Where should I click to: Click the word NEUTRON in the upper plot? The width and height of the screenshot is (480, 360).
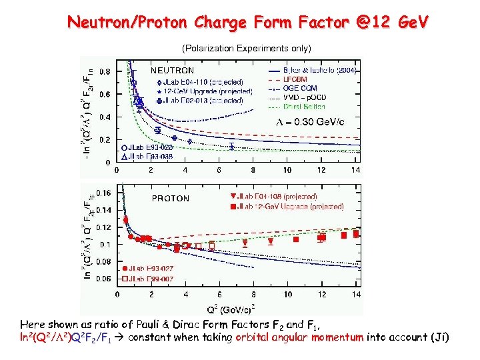click(x=172, y=70)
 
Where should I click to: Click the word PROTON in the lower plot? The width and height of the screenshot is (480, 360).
click(x=171, y=198)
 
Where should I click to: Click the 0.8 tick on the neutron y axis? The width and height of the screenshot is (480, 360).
click(x=105, y=71)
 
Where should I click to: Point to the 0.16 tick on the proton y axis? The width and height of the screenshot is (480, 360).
click(x=104, y=193)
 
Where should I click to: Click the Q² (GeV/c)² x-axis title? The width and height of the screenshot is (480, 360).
click(x=237, y=309)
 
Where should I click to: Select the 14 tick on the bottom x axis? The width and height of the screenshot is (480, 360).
click(x=356, y=294)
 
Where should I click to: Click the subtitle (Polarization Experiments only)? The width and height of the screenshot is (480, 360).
click(x=247, y=49)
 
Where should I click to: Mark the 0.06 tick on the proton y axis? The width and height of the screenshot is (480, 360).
click(x=104, y=279)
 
